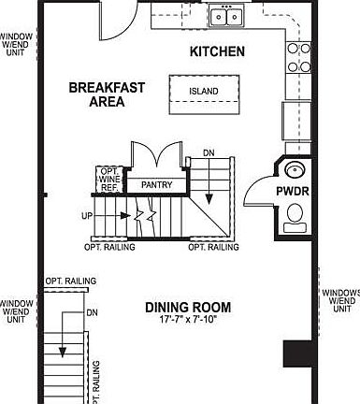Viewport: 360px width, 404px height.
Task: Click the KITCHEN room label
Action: tap(218, 51)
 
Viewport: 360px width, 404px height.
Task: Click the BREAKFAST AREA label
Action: tap(107, 94)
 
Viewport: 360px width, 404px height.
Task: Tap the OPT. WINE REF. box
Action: tap(108, 178)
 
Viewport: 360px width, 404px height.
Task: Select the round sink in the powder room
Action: tap(294, 171)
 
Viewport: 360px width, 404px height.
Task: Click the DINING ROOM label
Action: tap(188, 307)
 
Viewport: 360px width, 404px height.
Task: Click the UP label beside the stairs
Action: tap(87, 215)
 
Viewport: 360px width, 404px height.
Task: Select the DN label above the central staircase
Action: tap(209, 151)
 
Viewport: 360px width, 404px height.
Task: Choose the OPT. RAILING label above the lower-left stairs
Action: tap(68, 281)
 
